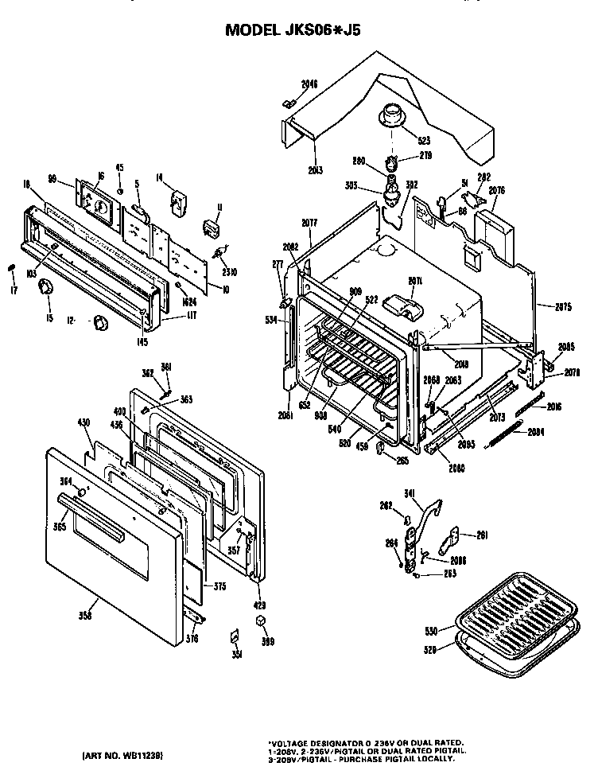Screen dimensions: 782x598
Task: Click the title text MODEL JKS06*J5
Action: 297,30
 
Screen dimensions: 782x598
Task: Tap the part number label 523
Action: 402,140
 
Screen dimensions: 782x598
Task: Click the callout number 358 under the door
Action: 85,615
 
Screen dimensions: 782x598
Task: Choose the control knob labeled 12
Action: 101,322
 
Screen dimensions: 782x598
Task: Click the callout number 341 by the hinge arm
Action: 410,494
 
